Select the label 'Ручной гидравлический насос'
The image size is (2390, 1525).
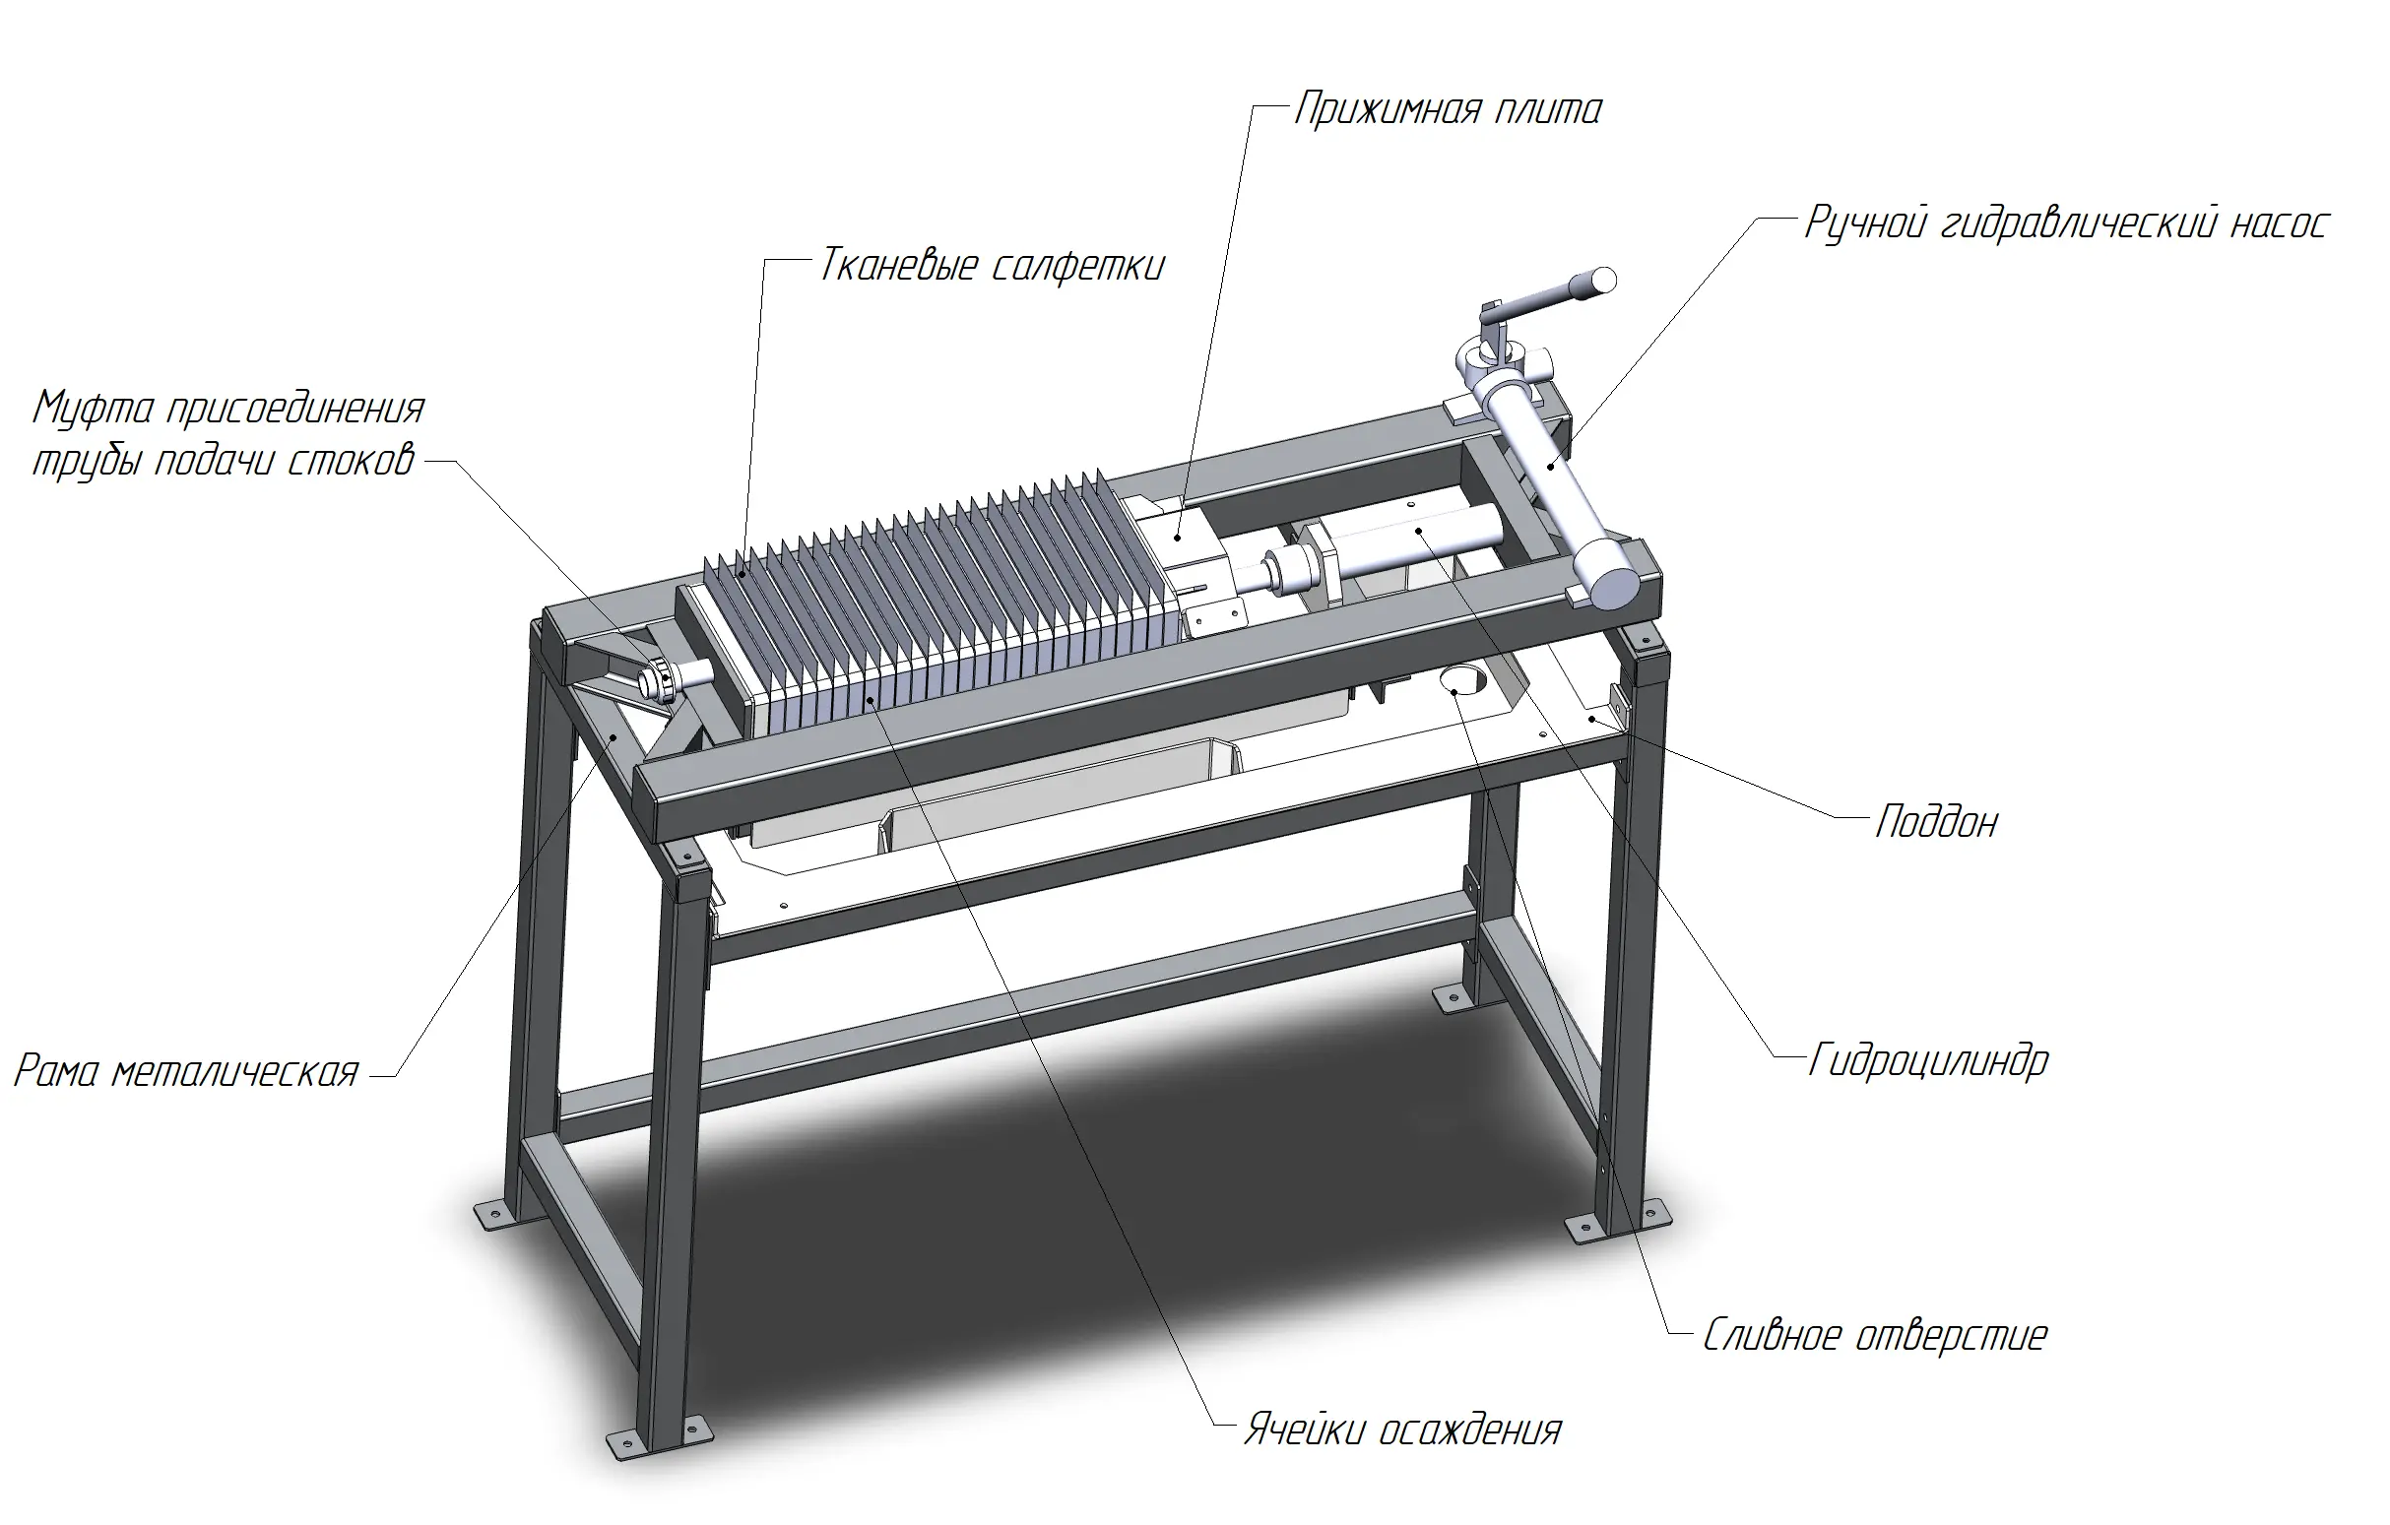pos(2066,224)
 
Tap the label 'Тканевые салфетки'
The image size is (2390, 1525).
pos(992,267)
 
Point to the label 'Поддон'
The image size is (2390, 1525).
pos(1936,822)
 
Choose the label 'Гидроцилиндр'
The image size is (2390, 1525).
pos(1927,1061)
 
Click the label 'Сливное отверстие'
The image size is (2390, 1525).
pos(1875,1336)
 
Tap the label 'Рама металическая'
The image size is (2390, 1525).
pos(186,1072)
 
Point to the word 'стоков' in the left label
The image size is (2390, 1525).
pos(353,462)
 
